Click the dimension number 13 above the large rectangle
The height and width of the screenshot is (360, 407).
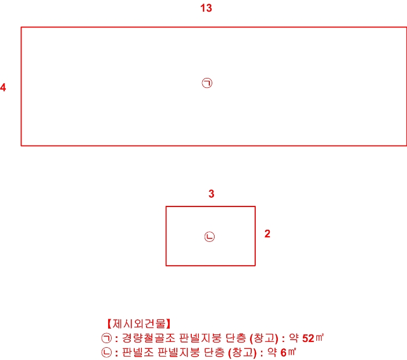click(x=205, y=8)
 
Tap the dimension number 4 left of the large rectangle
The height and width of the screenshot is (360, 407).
click(x=3, y=88)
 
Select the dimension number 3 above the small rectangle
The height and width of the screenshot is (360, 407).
click(x=212, y=194)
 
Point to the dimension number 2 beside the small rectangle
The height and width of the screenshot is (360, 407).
click(x=267, y=234)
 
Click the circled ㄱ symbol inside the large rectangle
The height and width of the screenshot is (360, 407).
click(x=207, y=83)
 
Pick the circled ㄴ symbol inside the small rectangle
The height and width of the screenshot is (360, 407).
click(x=210, y=237)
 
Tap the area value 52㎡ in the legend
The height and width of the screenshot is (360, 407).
click(x=313, y=338)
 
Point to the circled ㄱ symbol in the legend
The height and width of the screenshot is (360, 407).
click(x=106, y=338)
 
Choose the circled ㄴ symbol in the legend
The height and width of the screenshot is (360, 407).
click(x=106, y=352)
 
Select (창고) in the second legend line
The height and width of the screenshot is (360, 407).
click(x=241, y=352)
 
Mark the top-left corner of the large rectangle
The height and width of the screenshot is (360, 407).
click(x=22, y=27)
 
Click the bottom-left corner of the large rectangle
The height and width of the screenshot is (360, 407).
click(x=22, y=145)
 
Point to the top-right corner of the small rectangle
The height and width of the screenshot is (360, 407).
click(x=255, y=206)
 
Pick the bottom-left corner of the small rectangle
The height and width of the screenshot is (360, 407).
click(x=166, y=266)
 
